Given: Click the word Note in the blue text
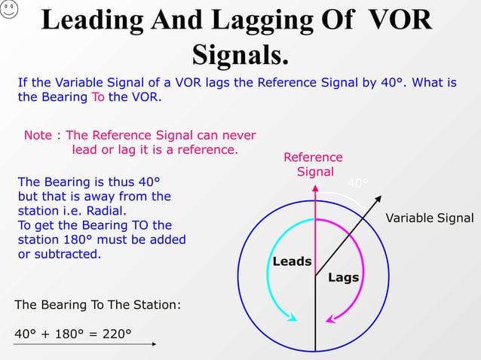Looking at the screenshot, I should point(38,136).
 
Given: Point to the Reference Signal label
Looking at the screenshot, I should point(313,164).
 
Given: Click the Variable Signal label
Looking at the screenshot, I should point(429,218).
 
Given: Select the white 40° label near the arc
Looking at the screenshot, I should point(358,183).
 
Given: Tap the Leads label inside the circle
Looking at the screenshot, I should point(292,261).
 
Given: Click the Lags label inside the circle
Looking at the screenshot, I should point(343,277).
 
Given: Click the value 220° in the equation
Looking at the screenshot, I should point(115,334).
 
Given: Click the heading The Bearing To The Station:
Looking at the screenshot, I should point(97,305).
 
